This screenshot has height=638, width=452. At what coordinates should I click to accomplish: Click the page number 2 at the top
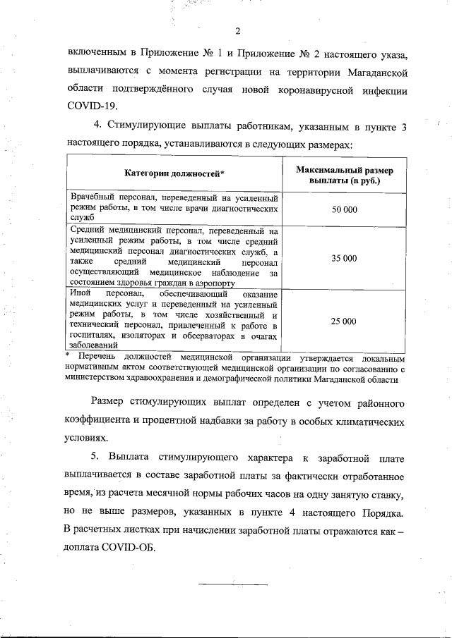pyautogui.click(x=237, y=31)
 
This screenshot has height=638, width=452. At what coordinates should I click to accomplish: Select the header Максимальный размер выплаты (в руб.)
pyautogui.click(x=345, y=176)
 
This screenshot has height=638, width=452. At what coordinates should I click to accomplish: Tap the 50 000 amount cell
pyautogui.click(x=345, y=209)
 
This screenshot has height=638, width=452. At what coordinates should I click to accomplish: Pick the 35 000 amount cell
pyautogui.click(x=345, y=258)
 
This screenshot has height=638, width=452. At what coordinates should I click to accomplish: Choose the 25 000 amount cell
pyautogui.click(x=345, y=321)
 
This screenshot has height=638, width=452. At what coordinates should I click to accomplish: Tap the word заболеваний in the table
pyautogui.click(x=93, y=345)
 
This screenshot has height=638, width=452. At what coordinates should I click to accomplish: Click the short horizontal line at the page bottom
pyautogui.click(x=233, y=584)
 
